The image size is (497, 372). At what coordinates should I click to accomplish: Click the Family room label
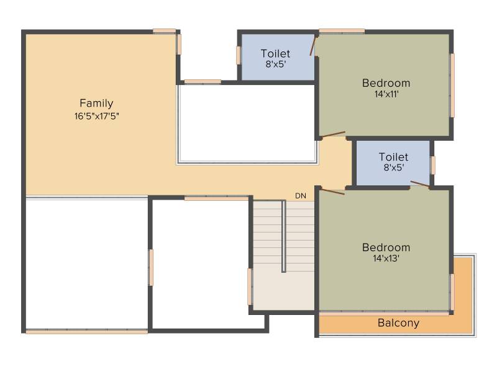(96, 104)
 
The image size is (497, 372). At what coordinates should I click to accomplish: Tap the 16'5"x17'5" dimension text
(97, 116)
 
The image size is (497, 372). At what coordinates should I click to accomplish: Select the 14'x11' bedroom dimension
(386, 94)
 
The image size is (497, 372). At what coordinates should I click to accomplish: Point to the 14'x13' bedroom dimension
(386, 258)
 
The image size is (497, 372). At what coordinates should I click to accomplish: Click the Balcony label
(398, 323)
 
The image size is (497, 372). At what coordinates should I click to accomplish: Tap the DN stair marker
(301, 196)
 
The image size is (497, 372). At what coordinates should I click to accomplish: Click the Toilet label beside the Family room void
(275, 53)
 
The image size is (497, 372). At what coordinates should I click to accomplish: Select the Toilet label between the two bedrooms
(393, 157)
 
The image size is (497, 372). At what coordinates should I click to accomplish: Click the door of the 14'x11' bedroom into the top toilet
(313, 46)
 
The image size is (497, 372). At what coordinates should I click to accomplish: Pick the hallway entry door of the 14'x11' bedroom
(333, 135)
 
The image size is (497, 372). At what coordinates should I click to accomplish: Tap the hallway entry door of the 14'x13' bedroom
(333, 191)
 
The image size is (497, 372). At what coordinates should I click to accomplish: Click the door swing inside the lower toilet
(421, 184)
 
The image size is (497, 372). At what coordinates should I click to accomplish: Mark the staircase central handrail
(284, 236)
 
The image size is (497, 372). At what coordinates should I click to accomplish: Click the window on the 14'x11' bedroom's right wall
(452, 86)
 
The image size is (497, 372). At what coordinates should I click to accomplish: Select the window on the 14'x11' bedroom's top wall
(342, 31)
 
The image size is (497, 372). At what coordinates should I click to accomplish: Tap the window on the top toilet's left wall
(239, 55)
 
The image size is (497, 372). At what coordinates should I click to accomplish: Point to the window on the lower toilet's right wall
(433, 165)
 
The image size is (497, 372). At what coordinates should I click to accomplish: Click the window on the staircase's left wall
(250, 286)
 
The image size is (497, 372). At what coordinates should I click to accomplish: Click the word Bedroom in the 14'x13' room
(386, 247)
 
